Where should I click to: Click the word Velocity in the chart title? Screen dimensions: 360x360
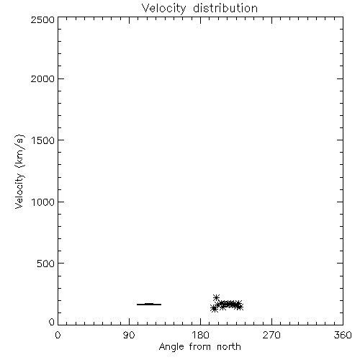[x=163, y=9]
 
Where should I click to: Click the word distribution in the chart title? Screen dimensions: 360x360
[x=225, y=8]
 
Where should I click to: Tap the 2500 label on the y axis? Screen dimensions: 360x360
[x=42, y=19]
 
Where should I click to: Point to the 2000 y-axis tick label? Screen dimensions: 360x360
[x=42, y=78]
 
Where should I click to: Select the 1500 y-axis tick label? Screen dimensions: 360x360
[x=43, y=140]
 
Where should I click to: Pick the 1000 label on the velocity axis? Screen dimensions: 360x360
[x=43, y=202]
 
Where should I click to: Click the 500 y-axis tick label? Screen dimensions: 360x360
[x=46, y=264]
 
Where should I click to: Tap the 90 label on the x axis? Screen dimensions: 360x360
[x=129, y=335]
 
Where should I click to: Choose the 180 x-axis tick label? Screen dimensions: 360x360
[x=200, y=335]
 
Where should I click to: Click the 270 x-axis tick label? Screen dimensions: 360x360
[x=271, y=335]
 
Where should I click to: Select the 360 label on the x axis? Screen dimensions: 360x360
[x=343, y=335]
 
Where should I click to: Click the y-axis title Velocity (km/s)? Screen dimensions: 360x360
[x=19, y=171]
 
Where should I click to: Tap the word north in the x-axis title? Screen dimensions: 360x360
[x=229, y=347]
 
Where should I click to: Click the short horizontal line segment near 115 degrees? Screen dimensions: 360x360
[x=149, y=305]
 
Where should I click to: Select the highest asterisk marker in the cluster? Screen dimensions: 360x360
[x=216, y=298]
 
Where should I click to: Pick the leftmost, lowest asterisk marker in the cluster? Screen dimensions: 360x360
[x=214, y=309]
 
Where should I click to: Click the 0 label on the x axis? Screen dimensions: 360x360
[x=58, y=335]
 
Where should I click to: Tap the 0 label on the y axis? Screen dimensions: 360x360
[x=52, y=322]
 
